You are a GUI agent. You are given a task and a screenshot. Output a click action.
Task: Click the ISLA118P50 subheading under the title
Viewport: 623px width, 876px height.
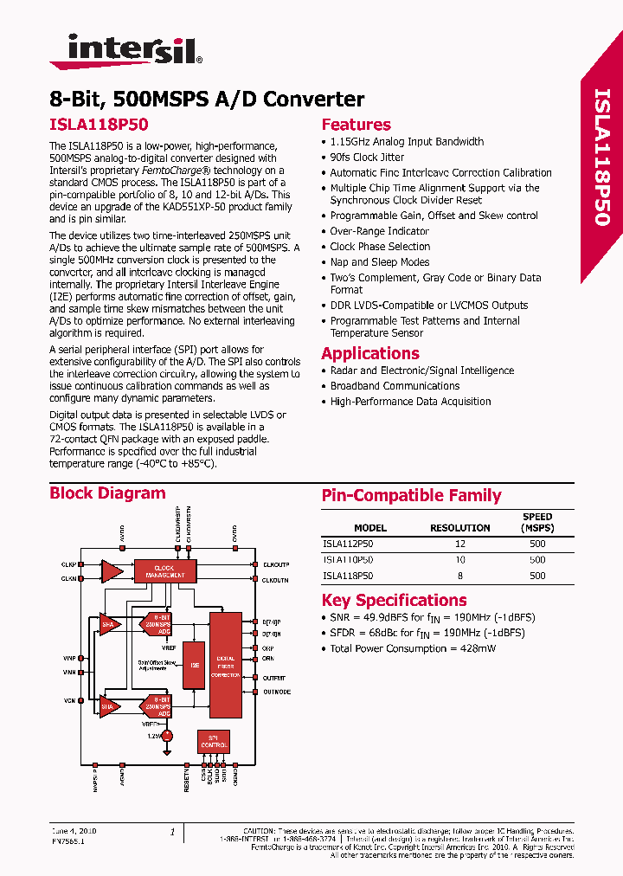pyautogui.click(x=88, y=125)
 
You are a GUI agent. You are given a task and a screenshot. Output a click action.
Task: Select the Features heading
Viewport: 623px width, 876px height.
pyautogui.click(x=356, y=125)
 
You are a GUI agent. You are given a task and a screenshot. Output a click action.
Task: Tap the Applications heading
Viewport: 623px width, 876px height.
pyautogui.click(x=369, y=353)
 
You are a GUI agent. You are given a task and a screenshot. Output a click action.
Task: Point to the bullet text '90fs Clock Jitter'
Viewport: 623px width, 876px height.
pyautogui.click(x=367, y=158)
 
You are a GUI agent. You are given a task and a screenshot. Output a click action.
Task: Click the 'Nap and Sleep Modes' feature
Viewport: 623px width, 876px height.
pyautogui.click(x=379, y=262)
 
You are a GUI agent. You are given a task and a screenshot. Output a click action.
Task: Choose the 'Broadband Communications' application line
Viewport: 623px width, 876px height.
pyautogui.click(x=395, y=386)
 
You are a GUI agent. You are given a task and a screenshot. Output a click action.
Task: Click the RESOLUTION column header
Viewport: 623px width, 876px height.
pyautogui.click(x=459, y=528)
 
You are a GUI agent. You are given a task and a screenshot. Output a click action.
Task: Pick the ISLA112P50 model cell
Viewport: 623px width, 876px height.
pyautogui.click(x=348, y=544)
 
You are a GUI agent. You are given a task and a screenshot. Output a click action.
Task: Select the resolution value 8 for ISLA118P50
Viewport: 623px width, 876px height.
pyautogui.click(x=459, y=576)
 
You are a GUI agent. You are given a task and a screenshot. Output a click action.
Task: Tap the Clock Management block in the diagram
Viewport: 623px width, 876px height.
pyautogui.click(x=164, y=570)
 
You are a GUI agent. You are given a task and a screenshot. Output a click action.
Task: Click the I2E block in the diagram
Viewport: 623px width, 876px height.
pyautogui.click(x=194, y=665)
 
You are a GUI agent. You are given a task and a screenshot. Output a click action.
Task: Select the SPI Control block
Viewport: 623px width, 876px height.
pyautogui.click(x=214, y=741)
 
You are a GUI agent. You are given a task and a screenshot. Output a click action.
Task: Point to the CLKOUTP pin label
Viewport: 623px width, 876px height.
pyautogui.click(x=276, y=564)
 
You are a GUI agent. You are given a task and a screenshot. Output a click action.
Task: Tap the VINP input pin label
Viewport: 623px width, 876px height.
pyautogui.click(x=68, y=658)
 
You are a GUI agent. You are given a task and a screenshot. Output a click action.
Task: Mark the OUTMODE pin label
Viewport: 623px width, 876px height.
pyautogui.click(x=277, y=692)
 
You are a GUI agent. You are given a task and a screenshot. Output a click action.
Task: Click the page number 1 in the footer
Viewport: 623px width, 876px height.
pyautogui.click(x=172, y=833)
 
